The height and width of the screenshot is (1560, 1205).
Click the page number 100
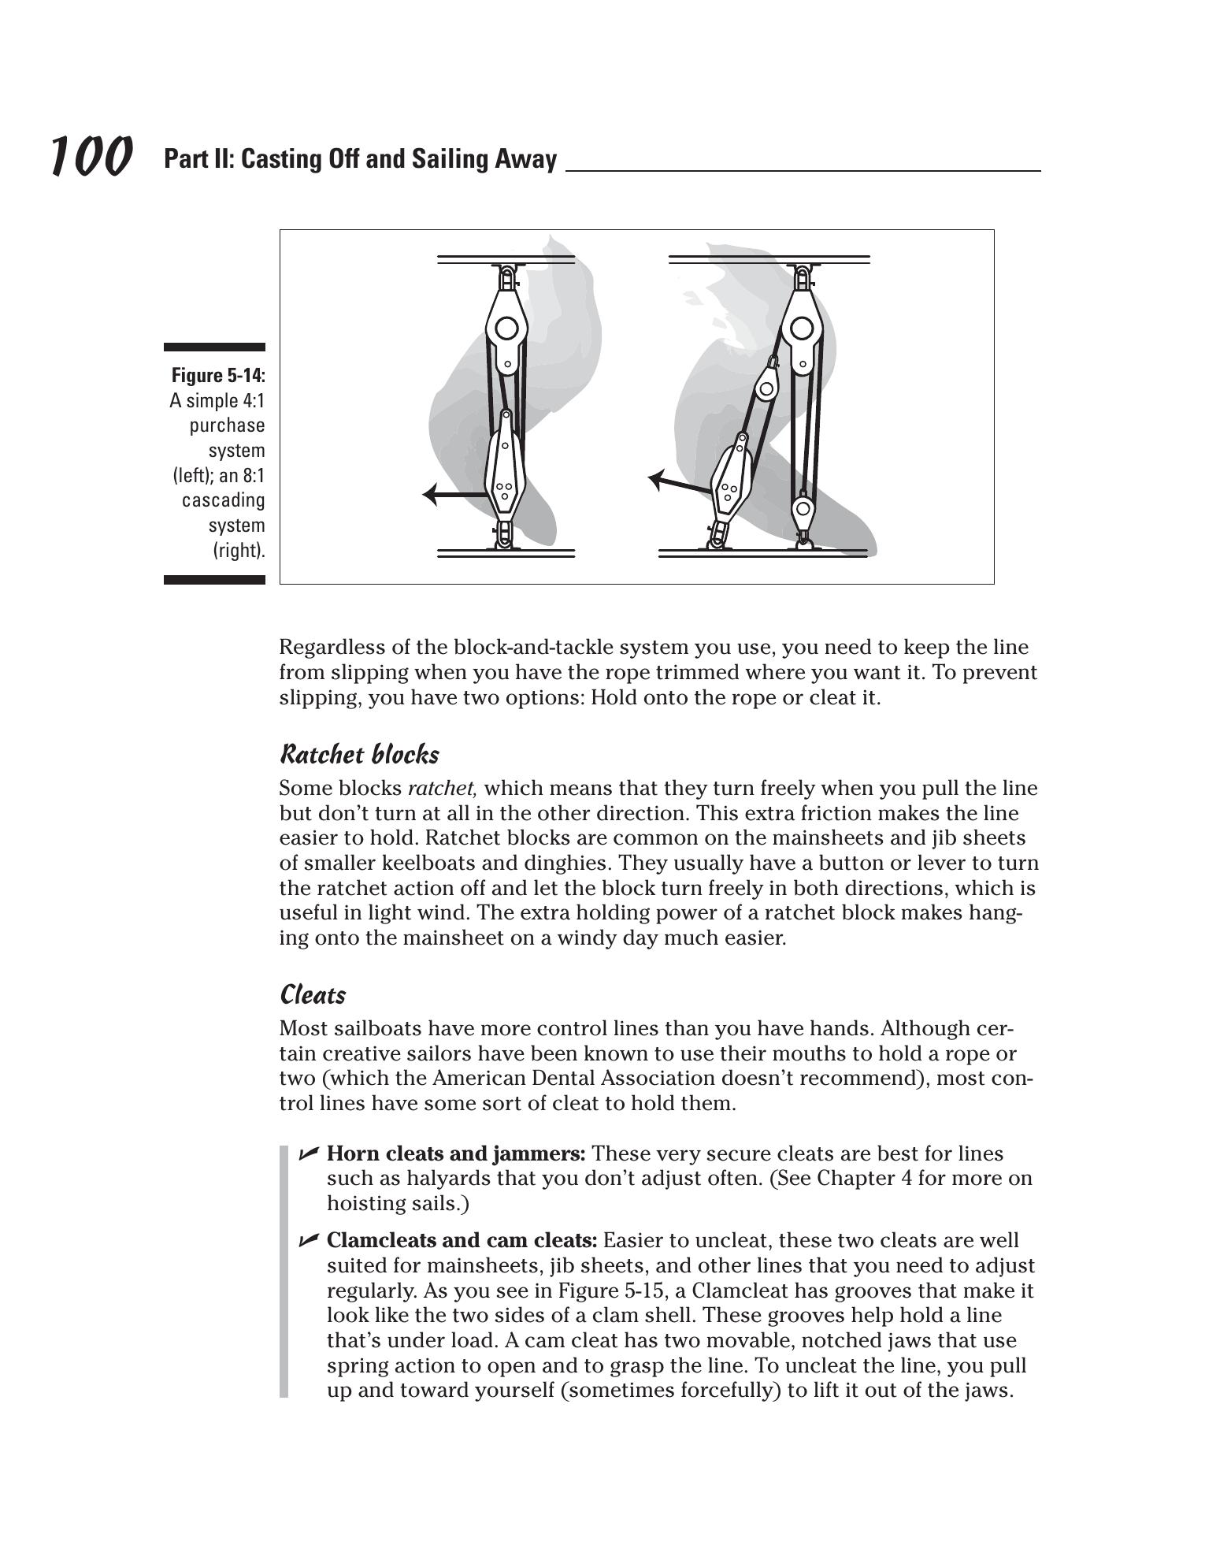pyautogui.click(x=91, y=156)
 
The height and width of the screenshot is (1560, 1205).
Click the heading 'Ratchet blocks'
pyautogui.click(x=359, y=754)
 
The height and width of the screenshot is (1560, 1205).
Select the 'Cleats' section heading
pyautogui.click(x=313, y=994)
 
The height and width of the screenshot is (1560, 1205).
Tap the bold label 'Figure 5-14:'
pyautogui.click(x=218, y=375)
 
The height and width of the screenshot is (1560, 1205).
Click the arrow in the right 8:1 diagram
pyautogui.click(x=679, y=483)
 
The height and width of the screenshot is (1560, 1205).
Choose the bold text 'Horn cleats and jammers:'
pyautogui.click(x=456, y=1153)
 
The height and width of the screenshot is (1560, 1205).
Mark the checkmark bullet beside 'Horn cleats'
pyautogui.click(x=308, y=1153)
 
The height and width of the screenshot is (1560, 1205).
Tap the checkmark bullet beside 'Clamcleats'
pyautogui.click(x=308, y=1240)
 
